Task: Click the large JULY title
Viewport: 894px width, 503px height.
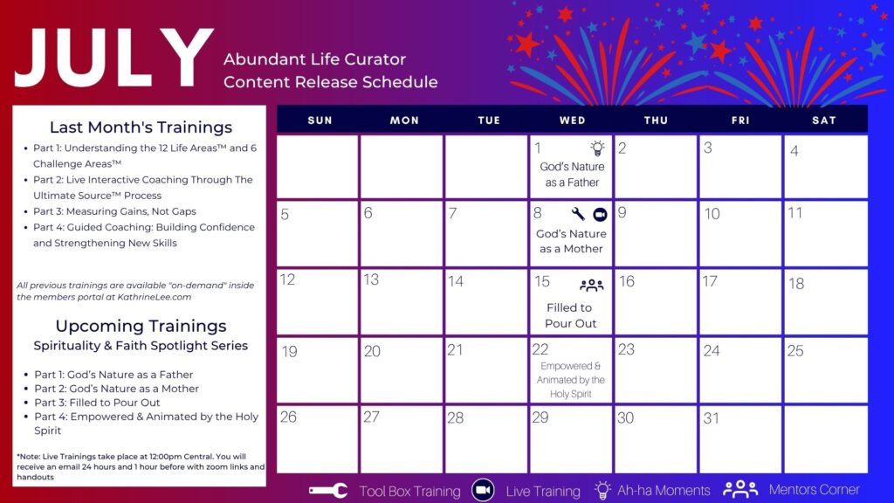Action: (114, 59)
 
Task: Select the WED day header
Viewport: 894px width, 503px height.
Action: (573, 121)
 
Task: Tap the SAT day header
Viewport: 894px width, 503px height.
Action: (824, 121)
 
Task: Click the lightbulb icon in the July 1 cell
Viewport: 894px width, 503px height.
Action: (597, 148)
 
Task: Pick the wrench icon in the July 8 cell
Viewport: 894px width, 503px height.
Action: (578, 214)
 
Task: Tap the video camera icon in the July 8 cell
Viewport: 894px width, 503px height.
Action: (600, 215)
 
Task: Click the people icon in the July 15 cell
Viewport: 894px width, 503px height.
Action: (591, 285)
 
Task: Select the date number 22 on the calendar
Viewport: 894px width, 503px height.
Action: (540, 349)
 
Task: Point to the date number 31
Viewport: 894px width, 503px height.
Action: (711, 418)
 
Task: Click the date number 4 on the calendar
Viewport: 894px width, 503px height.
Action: (794, 150)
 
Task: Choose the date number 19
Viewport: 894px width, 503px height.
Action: (289, 351)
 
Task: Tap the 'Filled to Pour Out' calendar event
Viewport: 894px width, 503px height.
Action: (570, 315)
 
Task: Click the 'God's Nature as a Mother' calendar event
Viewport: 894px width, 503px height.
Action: (571, 241)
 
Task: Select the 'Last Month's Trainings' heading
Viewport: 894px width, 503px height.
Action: (141, 127)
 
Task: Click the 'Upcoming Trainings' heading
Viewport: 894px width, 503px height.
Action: (141, 326)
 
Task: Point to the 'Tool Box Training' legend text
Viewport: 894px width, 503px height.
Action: (409, 491)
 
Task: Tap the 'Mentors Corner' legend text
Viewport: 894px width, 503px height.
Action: (814, 489)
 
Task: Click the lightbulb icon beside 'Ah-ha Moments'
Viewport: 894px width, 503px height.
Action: (602, 490)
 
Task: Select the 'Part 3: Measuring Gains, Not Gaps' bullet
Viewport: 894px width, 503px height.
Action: (114, 211)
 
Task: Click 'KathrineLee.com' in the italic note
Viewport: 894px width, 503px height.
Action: (155, 297)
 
